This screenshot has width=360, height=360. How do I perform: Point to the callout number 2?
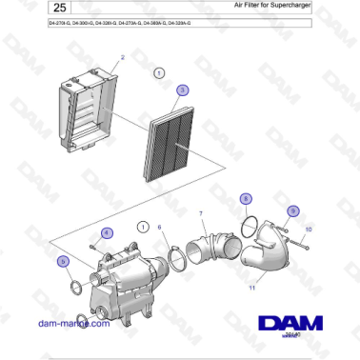[122, 58]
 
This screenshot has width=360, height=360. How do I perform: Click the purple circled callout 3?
[183, 90]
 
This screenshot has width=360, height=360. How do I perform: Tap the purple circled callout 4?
[107, 232]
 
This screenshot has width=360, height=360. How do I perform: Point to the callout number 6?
[159, 227]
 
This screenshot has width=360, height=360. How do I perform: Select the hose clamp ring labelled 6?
[175, 258]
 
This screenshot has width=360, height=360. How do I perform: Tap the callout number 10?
[308, 230]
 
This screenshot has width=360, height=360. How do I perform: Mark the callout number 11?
[252, 286]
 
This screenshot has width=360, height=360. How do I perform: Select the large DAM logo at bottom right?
[290, 319]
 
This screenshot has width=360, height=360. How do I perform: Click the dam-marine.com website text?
[70, 323]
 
